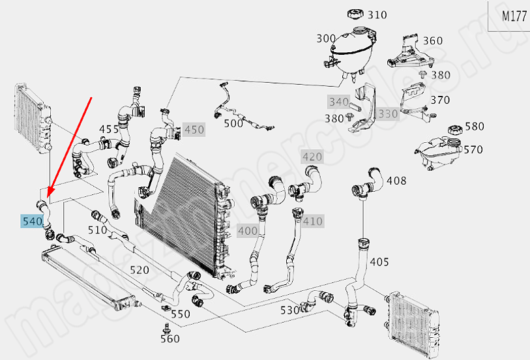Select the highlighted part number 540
click(32, 222)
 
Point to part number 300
click(326, 38)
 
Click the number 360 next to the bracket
click(432, 40)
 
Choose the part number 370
click(440, 100)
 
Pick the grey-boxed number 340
click(338, 102)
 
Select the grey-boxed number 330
click(388, 113)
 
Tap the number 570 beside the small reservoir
click(473, 149)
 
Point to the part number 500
click(233, 123)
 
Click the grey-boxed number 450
click(194, 130)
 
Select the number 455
click(109, 129)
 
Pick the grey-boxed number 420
click(312, 157)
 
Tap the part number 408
click(396, 180)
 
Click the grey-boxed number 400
click(248, 230)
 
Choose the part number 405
click(379, 262)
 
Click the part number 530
click(289, 309)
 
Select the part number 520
click(140, 270)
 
